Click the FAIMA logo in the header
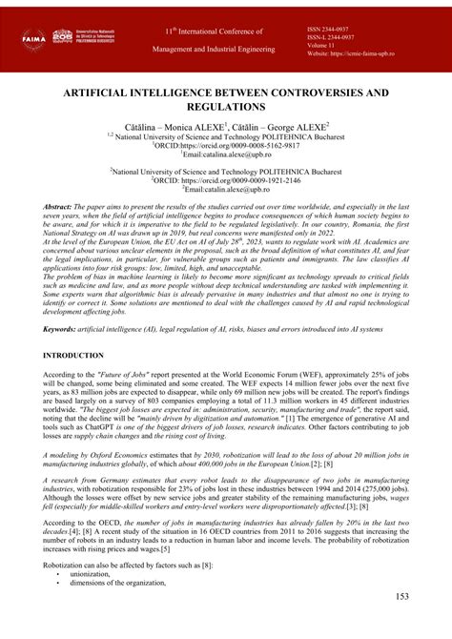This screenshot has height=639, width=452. click(33, 38)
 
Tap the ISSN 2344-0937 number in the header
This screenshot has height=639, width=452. click(334, 29)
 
